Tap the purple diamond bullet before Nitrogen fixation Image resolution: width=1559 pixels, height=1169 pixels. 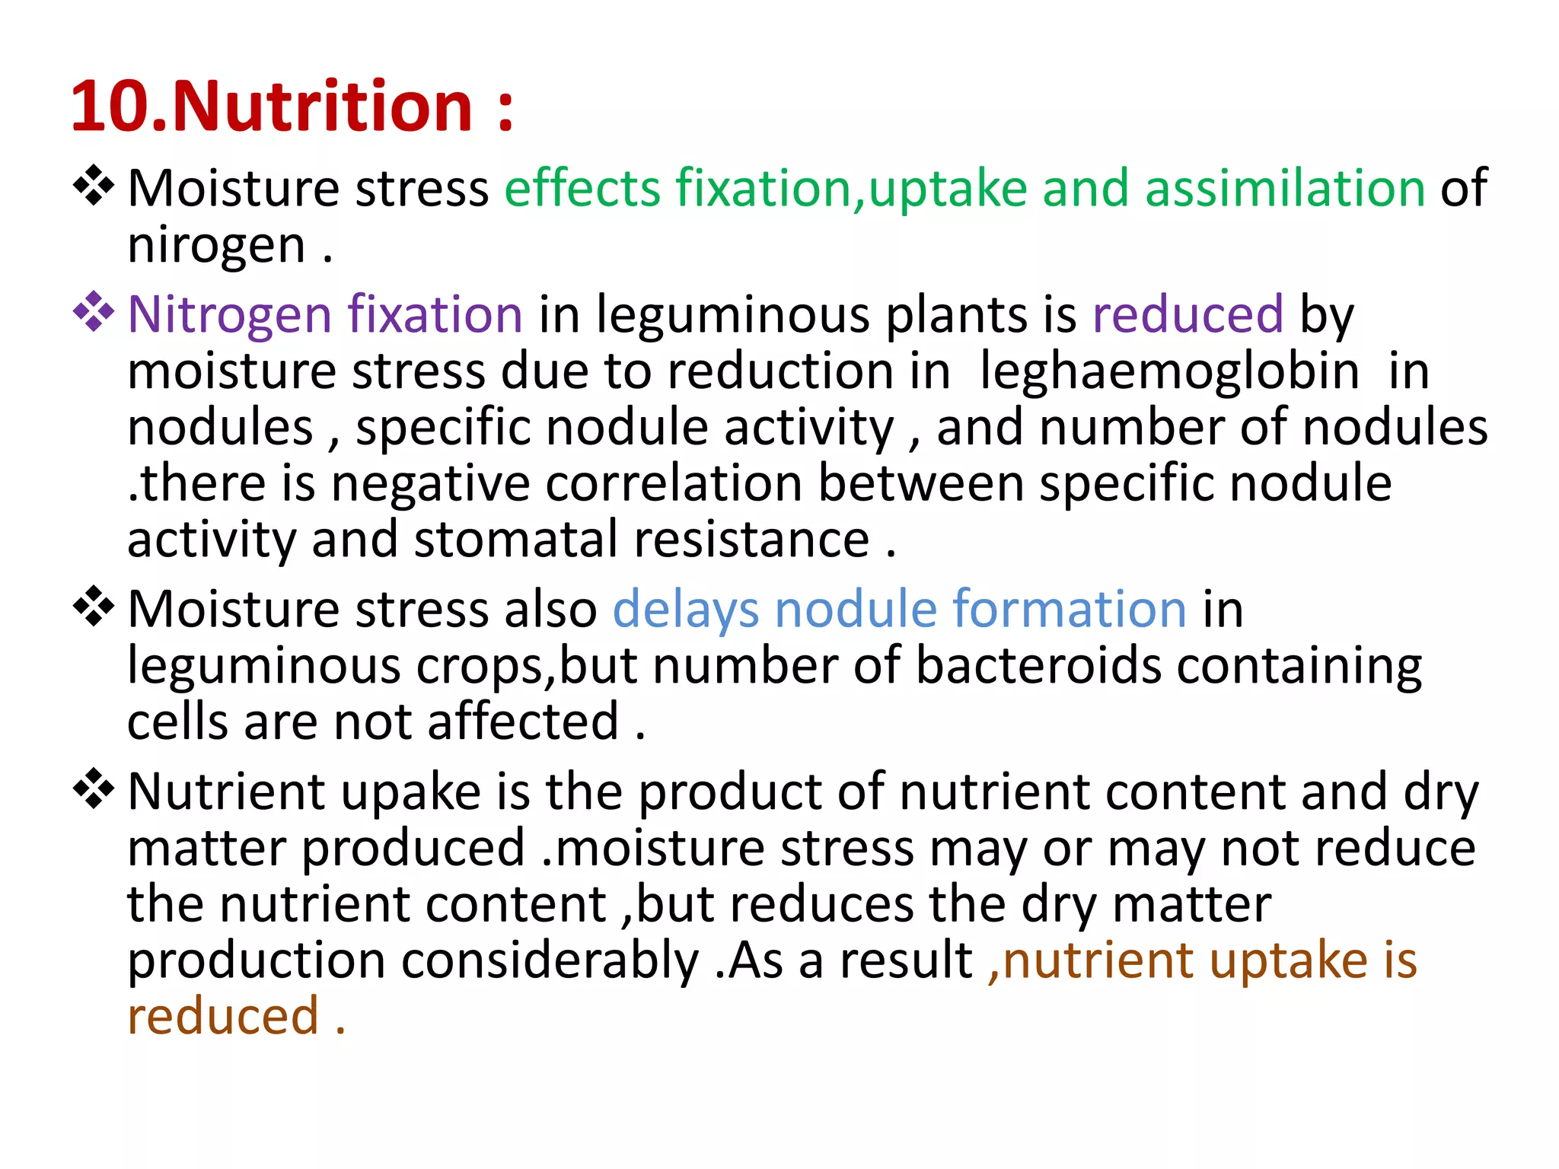(x=94, y=312)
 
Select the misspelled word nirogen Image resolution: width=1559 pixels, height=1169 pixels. (x=216, y=246)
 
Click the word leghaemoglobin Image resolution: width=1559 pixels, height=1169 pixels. (x=1168, y=371)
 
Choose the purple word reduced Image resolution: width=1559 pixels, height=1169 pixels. (x=1188, y=314)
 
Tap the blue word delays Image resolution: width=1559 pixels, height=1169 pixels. (x=685, y=610)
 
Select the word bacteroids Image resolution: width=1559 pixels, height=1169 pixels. (x=1038, y=666)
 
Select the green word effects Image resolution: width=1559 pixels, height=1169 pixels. (x=582, y=188)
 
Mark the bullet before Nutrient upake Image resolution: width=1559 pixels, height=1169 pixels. (x=94, y=789)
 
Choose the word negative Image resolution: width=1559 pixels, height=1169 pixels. (x=430, y=483)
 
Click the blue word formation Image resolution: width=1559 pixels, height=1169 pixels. (x=1069, y=610)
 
